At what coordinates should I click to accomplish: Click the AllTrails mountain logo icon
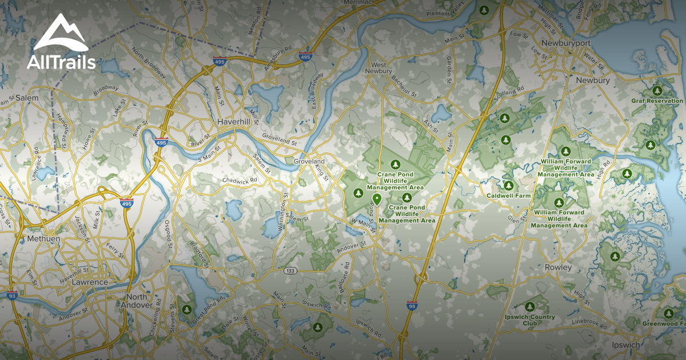61,34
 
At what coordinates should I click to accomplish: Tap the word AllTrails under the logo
61,62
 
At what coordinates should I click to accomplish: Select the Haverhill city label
232,122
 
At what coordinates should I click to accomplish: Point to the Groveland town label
309,162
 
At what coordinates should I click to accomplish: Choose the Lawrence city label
90,282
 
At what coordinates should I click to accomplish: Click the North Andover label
136,301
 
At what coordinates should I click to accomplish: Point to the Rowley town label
559,267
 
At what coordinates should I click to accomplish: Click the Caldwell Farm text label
508,195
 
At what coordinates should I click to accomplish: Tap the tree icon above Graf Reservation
656,90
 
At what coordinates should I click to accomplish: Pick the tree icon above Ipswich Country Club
529,306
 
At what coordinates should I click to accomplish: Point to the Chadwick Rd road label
240,180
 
